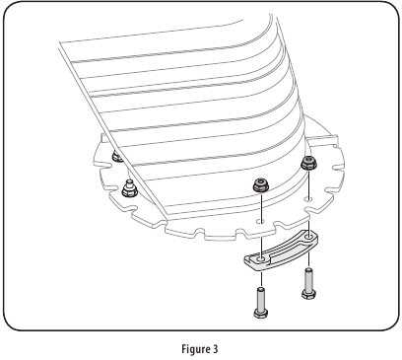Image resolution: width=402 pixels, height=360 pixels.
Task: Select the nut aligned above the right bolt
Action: pos(307,164)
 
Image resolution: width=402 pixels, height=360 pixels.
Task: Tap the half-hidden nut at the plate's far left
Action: pos(117,156)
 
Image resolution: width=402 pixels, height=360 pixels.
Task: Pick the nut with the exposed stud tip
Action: pos(130,186)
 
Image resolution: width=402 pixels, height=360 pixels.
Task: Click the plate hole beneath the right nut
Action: pos(308,201)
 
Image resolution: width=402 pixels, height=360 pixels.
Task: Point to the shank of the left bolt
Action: pos(260,296)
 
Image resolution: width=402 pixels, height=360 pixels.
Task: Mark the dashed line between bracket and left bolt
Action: pos(260,275)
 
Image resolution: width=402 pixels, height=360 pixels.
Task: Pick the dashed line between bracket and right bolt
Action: pos(309,257)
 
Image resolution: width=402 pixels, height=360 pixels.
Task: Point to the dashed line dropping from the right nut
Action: pos(308,185)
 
